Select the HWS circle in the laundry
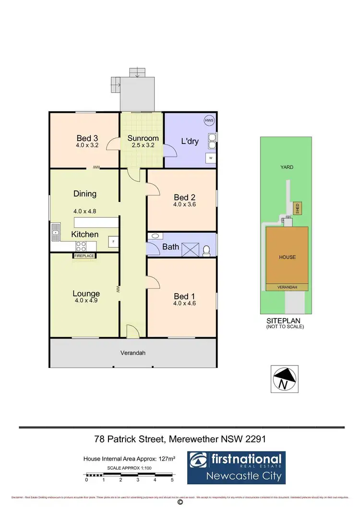[209, 121]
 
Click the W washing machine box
[210, 157]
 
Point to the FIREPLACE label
[84, 256]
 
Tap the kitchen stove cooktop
[80, 246]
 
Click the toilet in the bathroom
[206, 250]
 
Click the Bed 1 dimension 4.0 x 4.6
[185, 303]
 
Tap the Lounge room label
[86, 294]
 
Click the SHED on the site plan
[297, 208]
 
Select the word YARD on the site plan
[288, 167]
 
